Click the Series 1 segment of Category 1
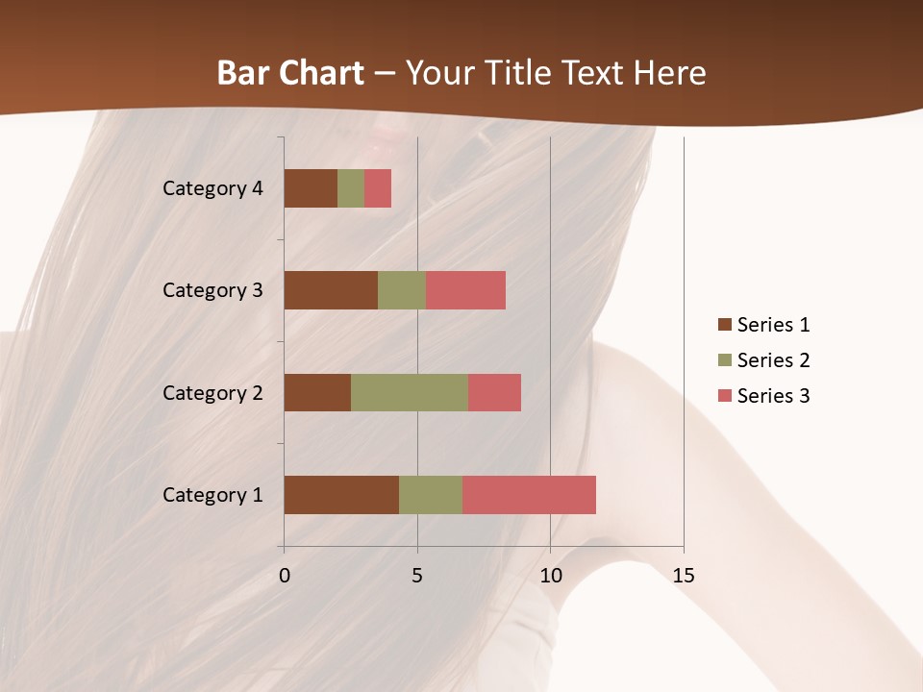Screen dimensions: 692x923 tap(341, 495)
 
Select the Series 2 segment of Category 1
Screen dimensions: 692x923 tap(431, 495)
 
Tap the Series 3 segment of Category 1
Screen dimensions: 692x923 tap(529, 495)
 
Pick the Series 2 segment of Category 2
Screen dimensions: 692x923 tap(410, 392)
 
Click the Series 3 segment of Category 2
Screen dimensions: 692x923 tap(494, 392)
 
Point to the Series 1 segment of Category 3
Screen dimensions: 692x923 tap(331, 290)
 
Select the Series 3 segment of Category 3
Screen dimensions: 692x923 tap(465, 290)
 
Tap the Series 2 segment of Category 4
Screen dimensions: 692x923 tap(351, 188)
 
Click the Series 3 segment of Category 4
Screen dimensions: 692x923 tap(378, 188)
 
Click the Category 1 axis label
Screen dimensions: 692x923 tap(212, 495)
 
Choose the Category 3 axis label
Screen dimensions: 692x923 tap(212, 290)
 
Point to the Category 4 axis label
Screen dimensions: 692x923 tap(212, 188)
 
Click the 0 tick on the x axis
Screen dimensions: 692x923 tap(285, 576)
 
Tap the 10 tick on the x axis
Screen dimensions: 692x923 tap(550, 576)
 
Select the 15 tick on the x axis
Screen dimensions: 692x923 tap(684, 576)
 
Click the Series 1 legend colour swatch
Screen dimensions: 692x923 tap(725, 325)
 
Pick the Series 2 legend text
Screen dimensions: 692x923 tap(773, 360)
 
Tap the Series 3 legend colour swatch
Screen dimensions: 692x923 tap(725, 396)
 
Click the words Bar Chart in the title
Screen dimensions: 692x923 tap(290, 73)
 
